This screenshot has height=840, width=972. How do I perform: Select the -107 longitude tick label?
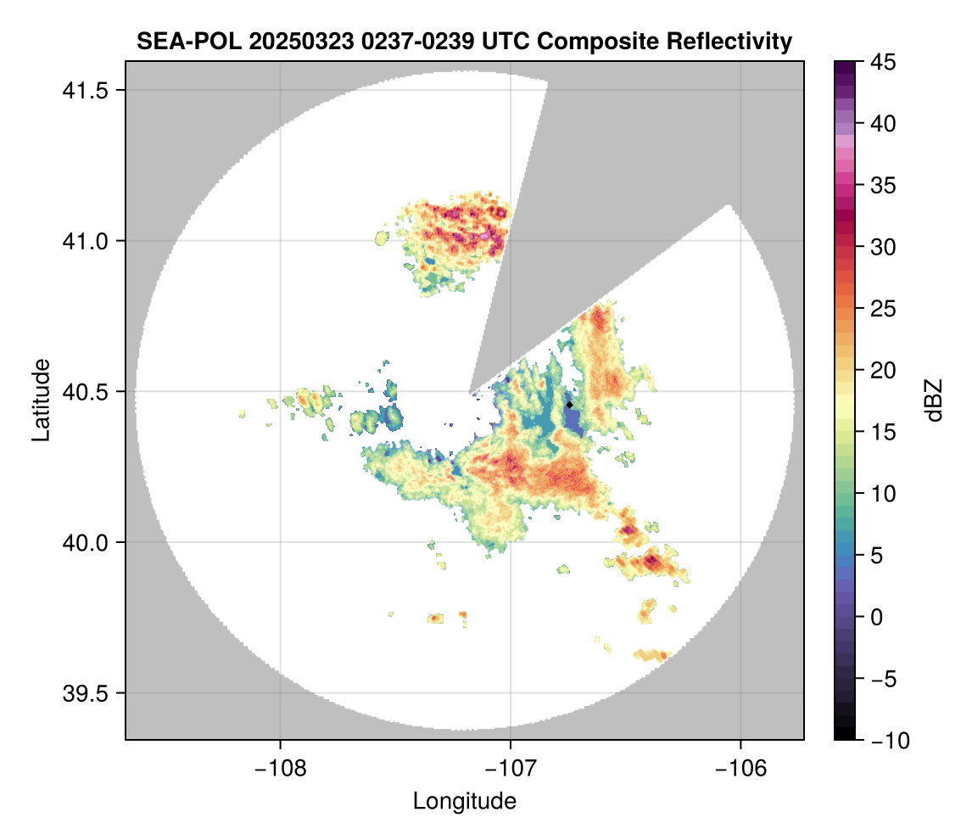[x=511, y=767]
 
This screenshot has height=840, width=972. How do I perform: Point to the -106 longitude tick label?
[x=741, y=767]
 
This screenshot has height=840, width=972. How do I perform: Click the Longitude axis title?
[x=464, y=800]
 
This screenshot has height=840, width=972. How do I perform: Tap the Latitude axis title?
[x=41, y=399]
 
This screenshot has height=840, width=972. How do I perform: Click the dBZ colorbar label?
[x=934, y=400]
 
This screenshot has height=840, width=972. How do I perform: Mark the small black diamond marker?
[x=569, y=405]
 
